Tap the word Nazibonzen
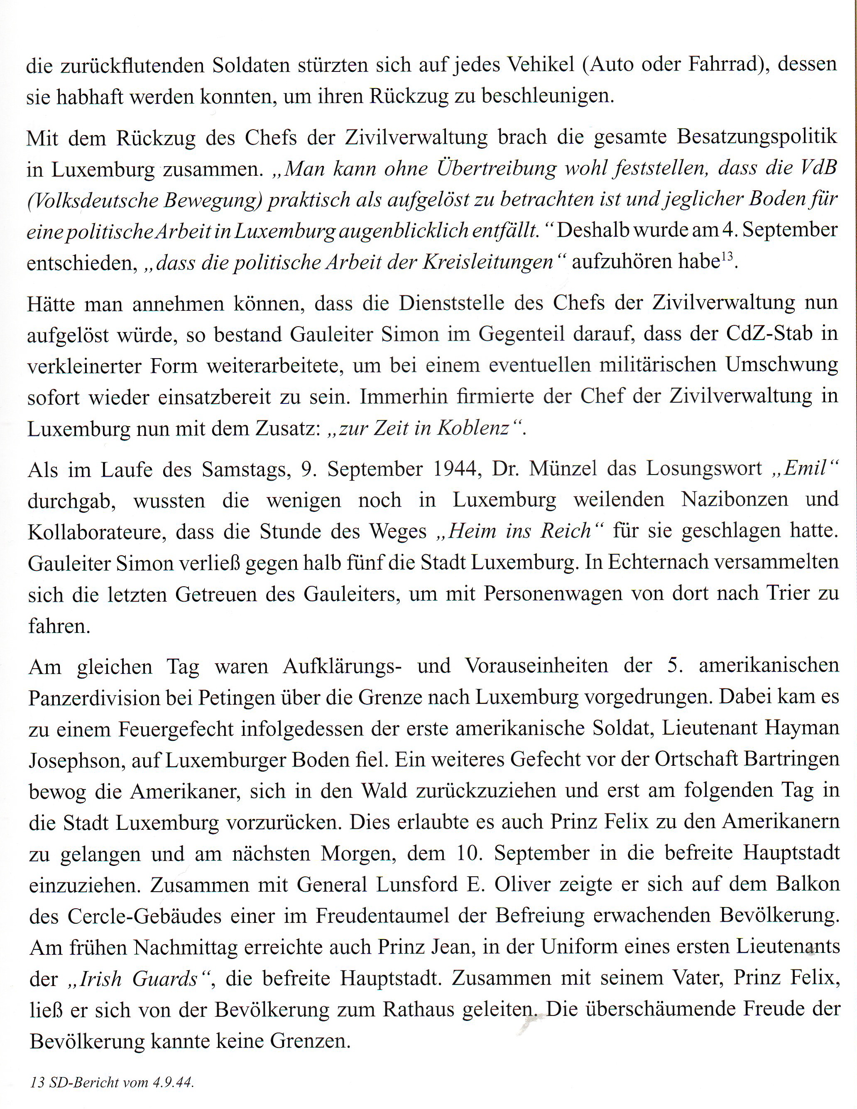click(734, 500)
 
